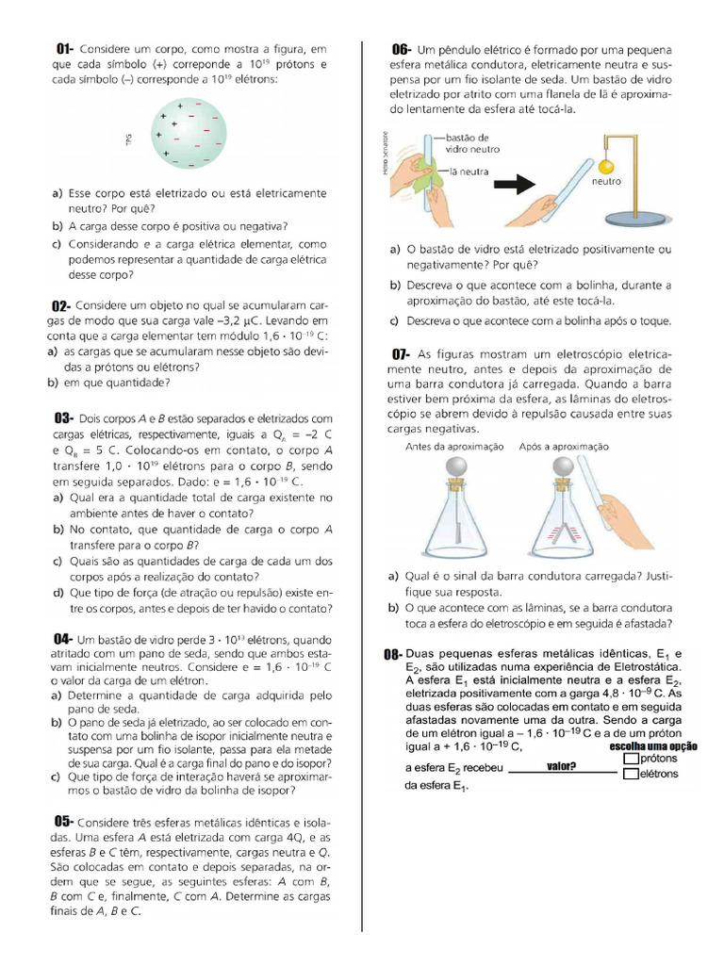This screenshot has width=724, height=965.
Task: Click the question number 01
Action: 65,48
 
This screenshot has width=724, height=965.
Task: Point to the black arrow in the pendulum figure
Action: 515,185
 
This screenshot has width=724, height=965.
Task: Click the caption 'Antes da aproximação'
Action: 454,446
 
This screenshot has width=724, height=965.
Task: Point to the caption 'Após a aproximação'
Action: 564,446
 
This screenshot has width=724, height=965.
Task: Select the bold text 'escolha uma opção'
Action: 653,746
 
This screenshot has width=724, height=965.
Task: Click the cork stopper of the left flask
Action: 456,487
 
